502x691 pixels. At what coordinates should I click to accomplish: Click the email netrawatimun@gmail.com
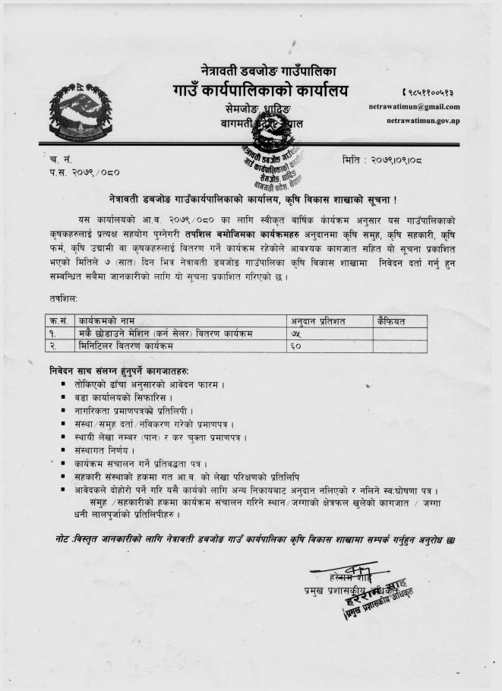click(x=414, y=107)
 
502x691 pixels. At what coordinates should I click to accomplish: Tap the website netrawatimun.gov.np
click(x=422, y=121)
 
